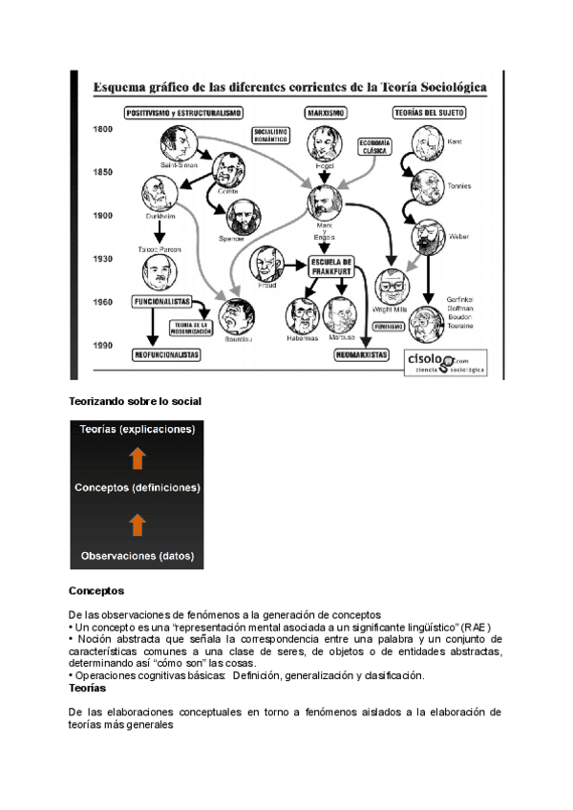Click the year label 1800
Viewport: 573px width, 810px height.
(x=104, y=130)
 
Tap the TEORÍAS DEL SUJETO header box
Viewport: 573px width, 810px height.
(x=429, y=113)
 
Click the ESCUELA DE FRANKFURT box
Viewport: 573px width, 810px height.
(x=332, y=266)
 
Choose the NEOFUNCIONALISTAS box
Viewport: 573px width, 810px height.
(x=165, y=354)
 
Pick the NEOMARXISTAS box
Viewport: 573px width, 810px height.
(x=361, y=354)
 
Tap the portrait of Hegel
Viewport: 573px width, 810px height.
(x=324, y=143)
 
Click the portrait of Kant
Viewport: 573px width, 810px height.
(x=426, y=143)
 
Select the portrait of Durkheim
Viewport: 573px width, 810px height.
(x=158, y=195)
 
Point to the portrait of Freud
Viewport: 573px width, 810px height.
(x=265, y=264)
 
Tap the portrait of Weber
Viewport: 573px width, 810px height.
(x=425, y=235)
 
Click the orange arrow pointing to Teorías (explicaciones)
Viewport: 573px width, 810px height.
(x=137, y=458)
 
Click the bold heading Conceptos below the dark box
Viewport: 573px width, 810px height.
(x=95, y=591)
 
